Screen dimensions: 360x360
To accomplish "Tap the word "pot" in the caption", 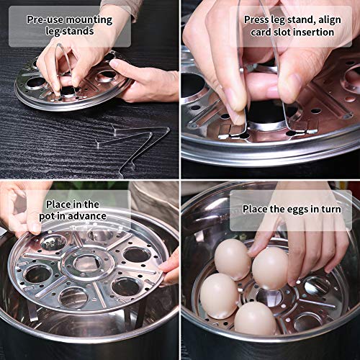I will (x=56, y=216).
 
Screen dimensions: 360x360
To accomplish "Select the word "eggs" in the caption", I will (x=295, y=210).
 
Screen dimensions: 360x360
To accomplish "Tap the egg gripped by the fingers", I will (x=269, y=266).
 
